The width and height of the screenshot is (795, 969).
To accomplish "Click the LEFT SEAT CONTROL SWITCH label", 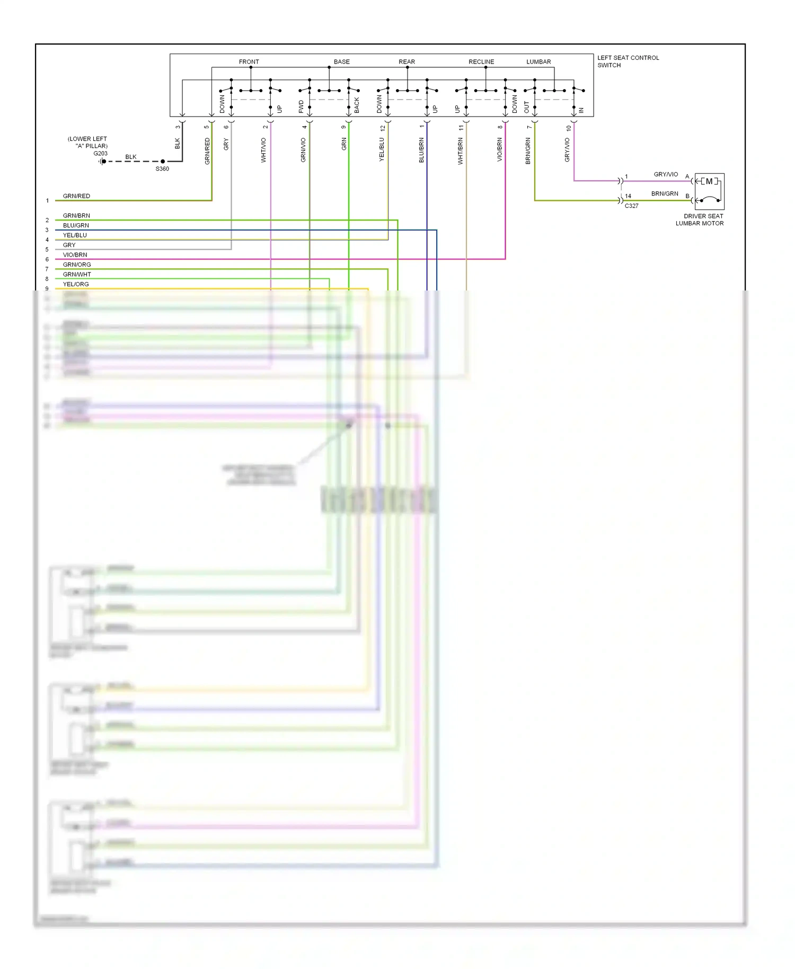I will pyautogui.click(x=628, y=61).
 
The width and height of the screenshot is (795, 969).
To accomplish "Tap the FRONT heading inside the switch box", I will pyautogui.click(x=249, y=62).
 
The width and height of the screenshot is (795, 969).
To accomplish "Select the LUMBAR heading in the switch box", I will pyautogui.click(x=538, y=62).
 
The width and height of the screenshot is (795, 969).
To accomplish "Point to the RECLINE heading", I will pyautogui.click(x=481, y=62).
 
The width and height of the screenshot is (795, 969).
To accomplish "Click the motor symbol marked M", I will pyautogui.click(x=709, y=182).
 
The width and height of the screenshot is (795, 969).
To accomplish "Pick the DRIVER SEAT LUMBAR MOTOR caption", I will pyautogui.click(x=700, y=219).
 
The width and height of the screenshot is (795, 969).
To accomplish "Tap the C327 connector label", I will pyautogui.click(x=631, y=206).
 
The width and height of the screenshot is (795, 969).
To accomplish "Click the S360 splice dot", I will pyautogui.click(x=163, y=161).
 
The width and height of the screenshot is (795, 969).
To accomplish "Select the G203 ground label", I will pyautogui.click(x=100, y=154).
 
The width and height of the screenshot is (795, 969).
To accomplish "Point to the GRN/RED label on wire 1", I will pyautogui.click(x=76, y=196).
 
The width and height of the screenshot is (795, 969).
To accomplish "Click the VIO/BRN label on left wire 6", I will pyautogui.click(x=75, y=255).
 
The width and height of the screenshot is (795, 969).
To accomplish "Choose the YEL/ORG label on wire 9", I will pyautogui.click(x=76, y=284).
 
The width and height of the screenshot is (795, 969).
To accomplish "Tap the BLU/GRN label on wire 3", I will pyautogui.click(x=76, y=225).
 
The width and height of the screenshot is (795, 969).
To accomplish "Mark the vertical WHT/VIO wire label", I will pyautogui.click(x=263, y=150).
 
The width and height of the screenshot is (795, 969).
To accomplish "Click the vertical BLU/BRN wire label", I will pyautogui.click(x=421, y=150).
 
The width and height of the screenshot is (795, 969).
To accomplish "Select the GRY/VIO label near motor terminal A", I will pyautogui.click(x=665, y=174).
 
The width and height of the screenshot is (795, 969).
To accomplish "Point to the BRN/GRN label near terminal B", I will pyautogui.click(x=664, y=194).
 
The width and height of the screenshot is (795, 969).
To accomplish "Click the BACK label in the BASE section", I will pyautogui.click(x=357, y=105).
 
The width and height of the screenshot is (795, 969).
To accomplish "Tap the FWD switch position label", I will pyautogui.click(x=301, y=107).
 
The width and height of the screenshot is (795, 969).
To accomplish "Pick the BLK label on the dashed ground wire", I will pyautogui.click(x=130, y=157).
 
